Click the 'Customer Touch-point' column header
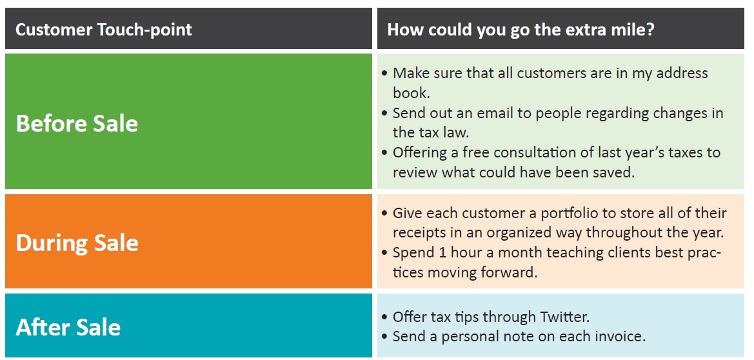point(104,30)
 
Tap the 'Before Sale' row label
point(77,123)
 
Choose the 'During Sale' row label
point(77,243)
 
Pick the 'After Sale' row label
point(68,327)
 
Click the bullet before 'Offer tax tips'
point(384,317)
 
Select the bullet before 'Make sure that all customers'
point(384,74)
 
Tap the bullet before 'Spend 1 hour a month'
point(384,253)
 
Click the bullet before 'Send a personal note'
point(384,337)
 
